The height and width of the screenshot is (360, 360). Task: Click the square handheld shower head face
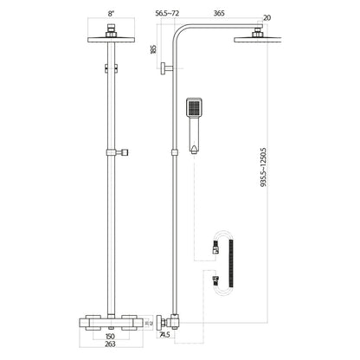(x=195, y=110)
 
